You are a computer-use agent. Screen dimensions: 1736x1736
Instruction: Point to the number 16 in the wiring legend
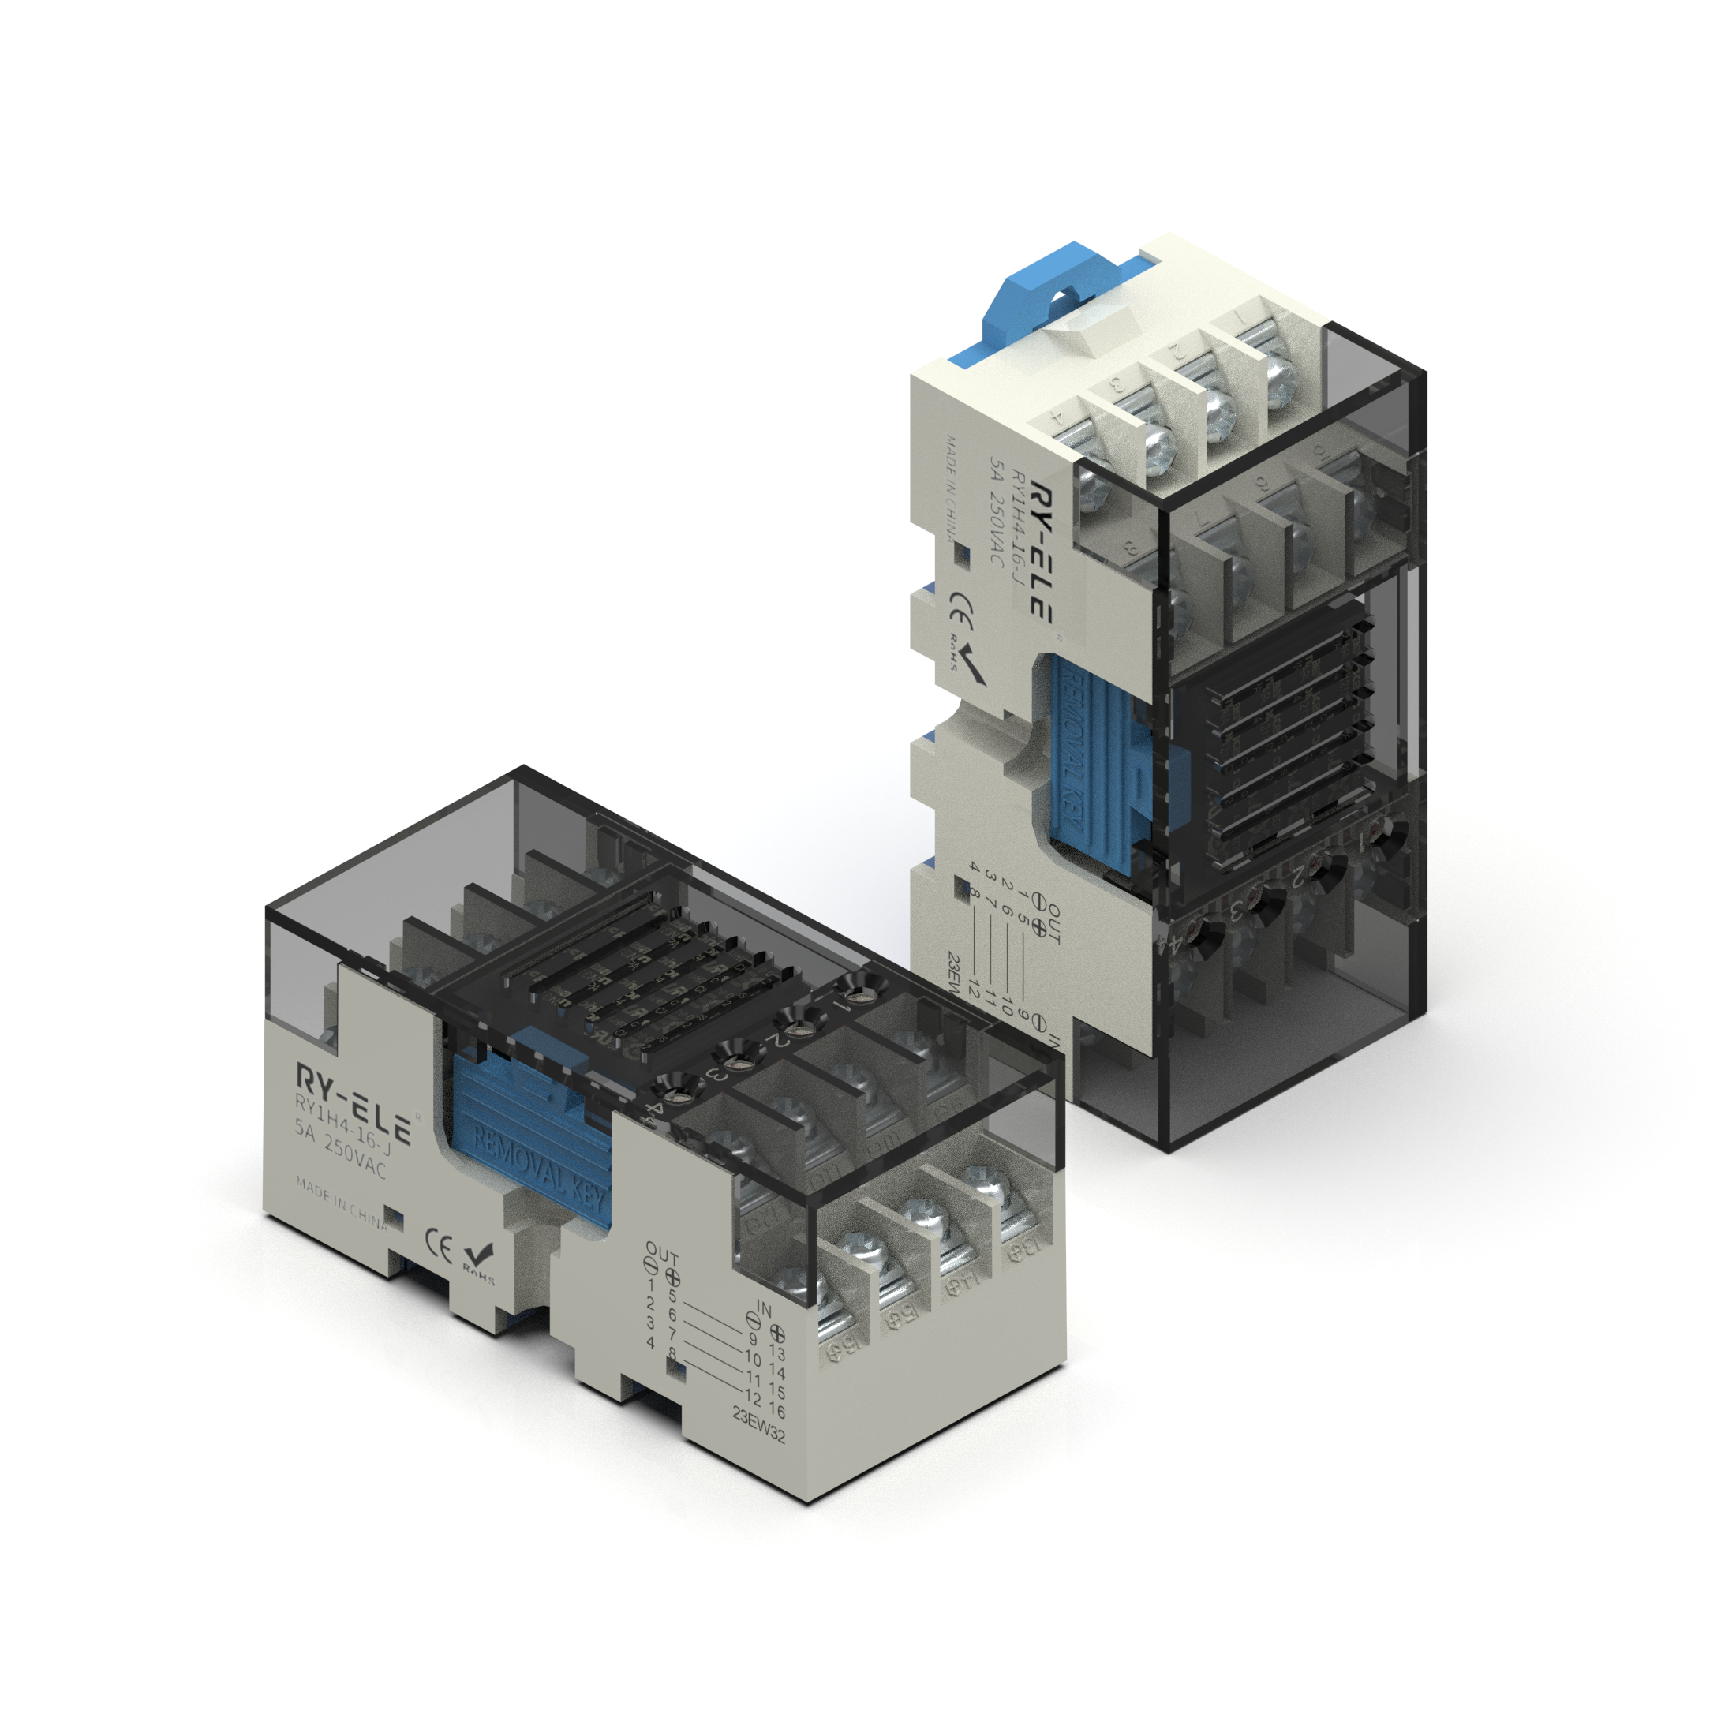pyautogui.click(x=777, y=1411)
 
